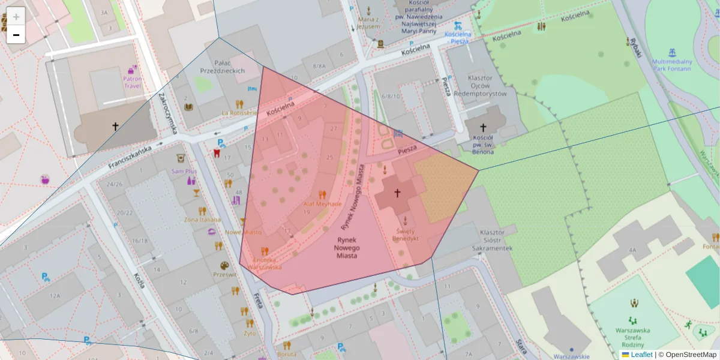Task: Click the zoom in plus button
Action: [16, 17]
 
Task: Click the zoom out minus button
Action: [16, 35]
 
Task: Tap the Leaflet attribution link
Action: [641, 355]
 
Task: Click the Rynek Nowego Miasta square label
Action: [347, 247]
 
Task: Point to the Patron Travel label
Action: [132, 82]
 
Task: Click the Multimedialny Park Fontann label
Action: [671, 65]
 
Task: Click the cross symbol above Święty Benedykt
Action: [397, 193]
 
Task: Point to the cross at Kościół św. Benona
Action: [483, 127]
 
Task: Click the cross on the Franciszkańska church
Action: [115, 126]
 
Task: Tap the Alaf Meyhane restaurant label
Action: [322, 204]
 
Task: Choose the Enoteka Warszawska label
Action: [264, 263]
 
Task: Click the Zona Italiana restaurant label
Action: [202, 220]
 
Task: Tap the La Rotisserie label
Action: [239, 112]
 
